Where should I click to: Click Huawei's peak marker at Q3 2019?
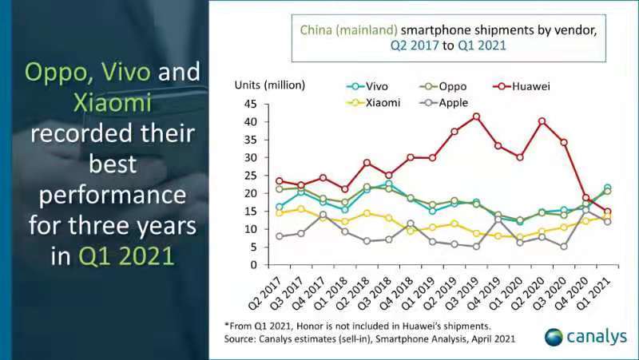click(477, 117)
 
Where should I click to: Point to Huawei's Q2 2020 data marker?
click(542, 121)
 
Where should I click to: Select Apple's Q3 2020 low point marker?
click(564, 246)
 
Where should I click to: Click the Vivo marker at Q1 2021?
click(607, 188)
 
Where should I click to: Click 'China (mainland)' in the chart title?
click(345, 30)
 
